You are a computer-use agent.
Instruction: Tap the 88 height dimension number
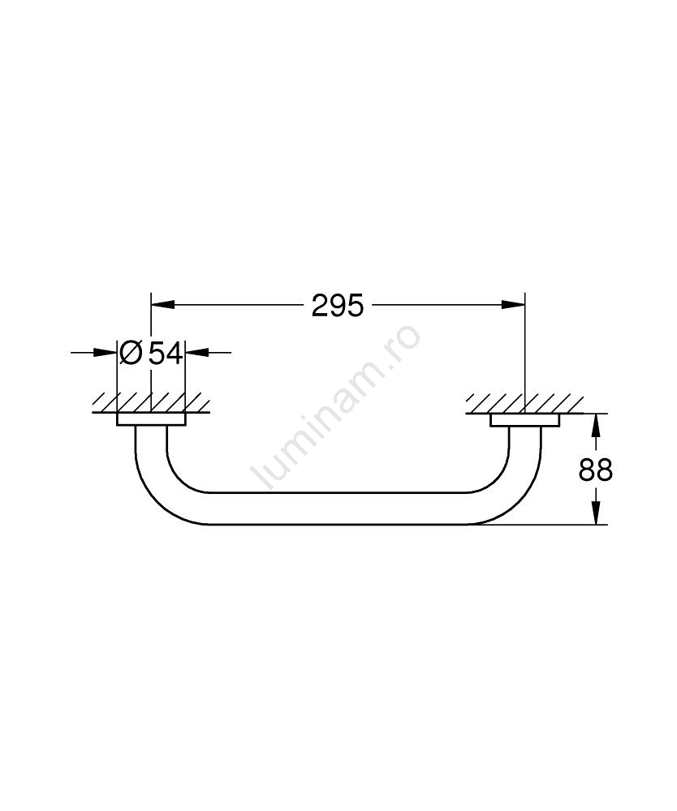coord(595,470)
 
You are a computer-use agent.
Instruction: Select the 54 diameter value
coord(166,354)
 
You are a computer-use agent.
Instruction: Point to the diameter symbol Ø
coord(131,353)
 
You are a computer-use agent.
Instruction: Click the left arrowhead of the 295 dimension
coord(162,305)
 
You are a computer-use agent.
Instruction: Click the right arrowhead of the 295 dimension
coord(514,305)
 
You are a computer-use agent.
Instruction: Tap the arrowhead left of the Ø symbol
coord(106,353)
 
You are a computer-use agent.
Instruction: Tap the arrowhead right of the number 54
coord(196,353)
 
